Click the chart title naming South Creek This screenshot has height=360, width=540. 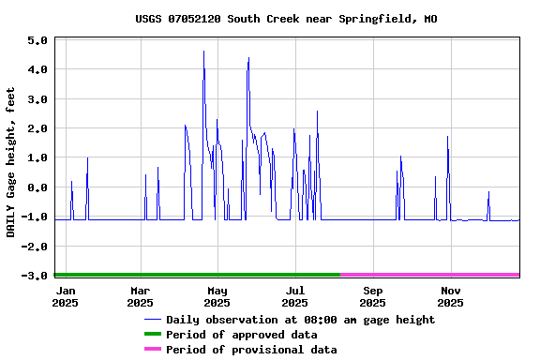click(x=286, y=19)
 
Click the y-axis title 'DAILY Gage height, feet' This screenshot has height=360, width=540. click(x=11, y=161)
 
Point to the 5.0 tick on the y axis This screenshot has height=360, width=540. click(x=37, y=40)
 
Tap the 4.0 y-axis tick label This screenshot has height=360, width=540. click(x=37, y=69)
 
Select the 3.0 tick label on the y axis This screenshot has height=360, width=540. click(x=37, y=99)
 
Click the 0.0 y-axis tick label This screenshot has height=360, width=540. click(x=37, y=187)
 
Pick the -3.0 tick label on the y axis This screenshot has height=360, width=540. click(x=35, y=276)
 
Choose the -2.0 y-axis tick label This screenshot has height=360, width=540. click(x=35, y=247)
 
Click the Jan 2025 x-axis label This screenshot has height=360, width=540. click(x=65, y=296)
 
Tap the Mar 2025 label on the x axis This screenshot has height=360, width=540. click(x=140, y=296)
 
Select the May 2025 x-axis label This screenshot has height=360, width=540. click(x=217, y=296)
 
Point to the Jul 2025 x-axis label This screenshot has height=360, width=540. click(x=294, y=296)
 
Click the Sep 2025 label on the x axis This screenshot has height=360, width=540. click(x=372, y=296)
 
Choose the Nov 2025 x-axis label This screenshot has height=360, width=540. click(x=450, y=296)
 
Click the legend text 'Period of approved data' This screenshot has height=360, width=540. click(x=241, y=335)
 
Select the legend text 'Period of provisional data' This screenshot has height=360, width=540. click(x=251, y=350)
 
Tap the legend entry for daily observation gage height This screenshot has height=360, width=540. click(x=300, y=320)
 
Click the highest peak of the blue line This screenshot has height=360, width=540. click(x=203, y=52)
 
